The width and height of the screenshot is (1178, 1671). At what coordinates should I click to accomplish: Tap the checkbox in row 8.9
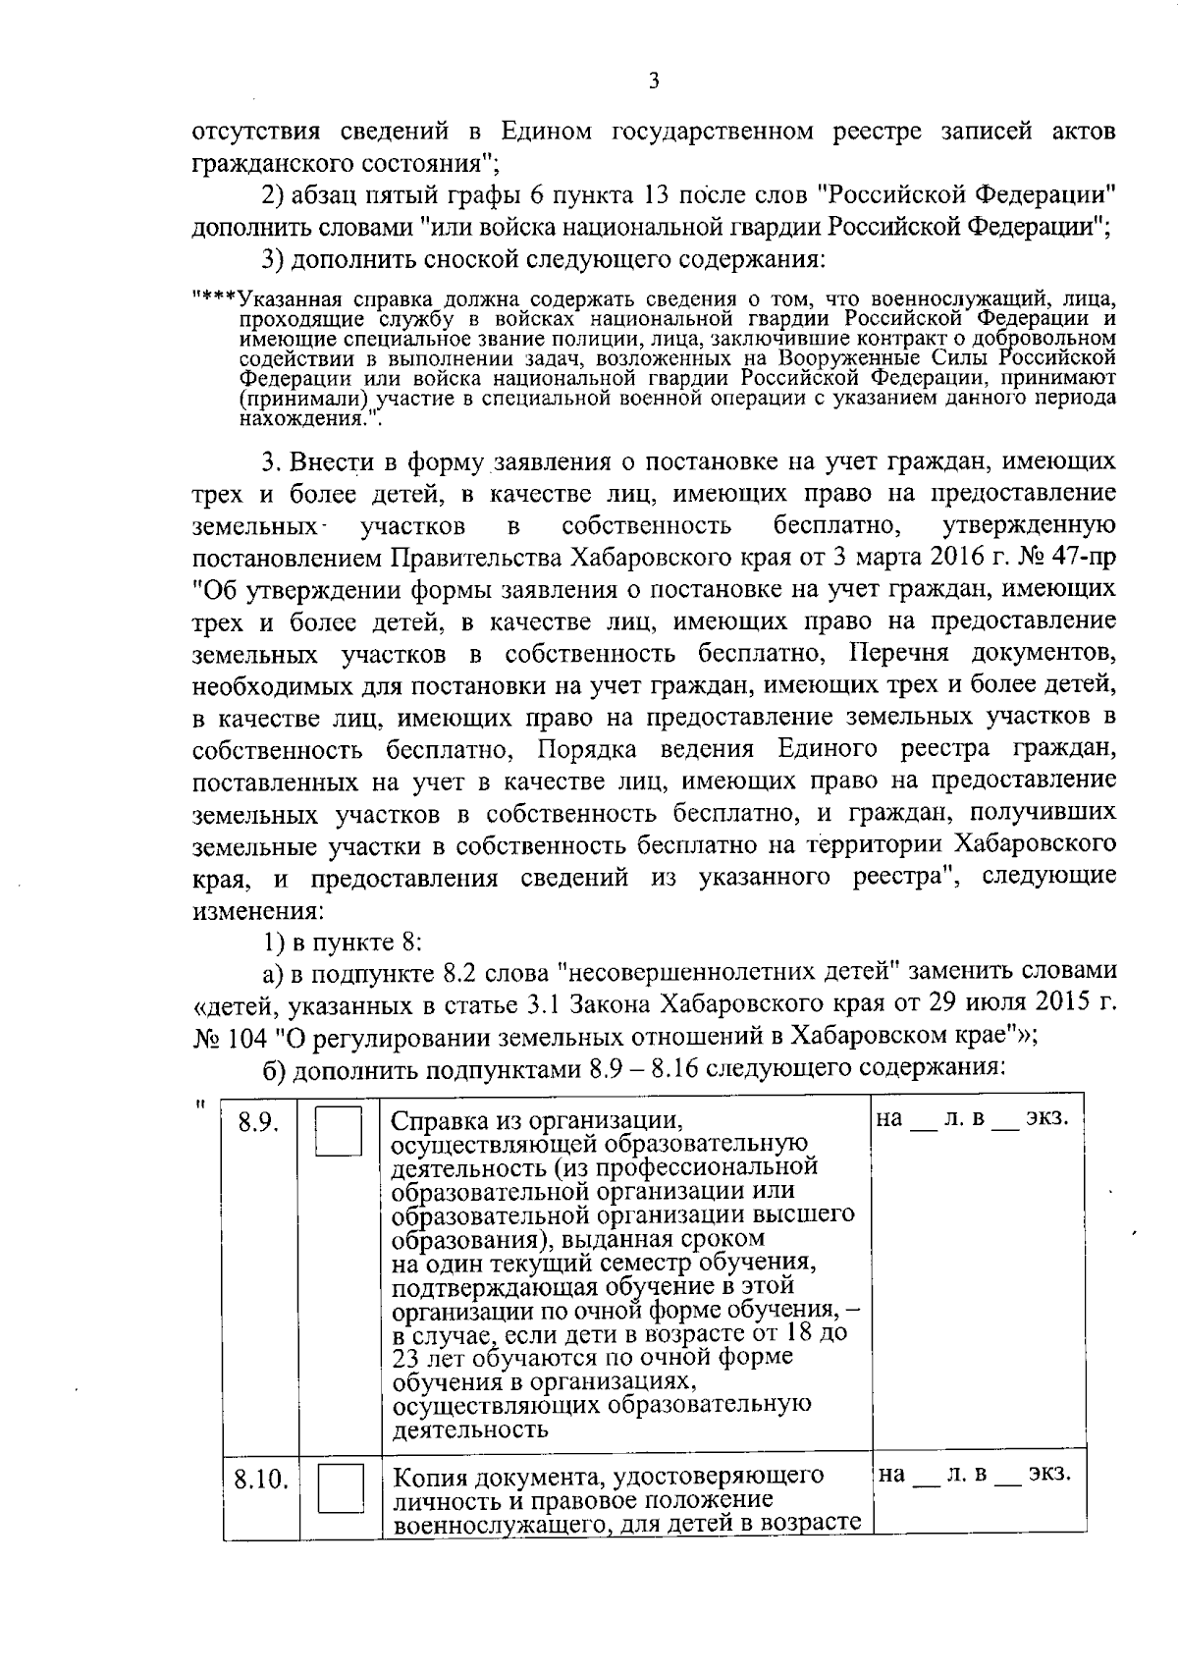339,1131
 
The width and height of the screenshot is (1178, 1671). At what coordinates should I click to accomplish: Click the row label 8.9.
259,1124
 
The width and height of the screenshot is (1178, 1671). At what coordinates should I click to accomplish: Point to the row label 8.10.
260,1480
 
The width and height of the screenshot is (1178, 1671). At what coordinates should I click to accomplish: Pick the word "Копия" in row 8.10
428,1476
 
